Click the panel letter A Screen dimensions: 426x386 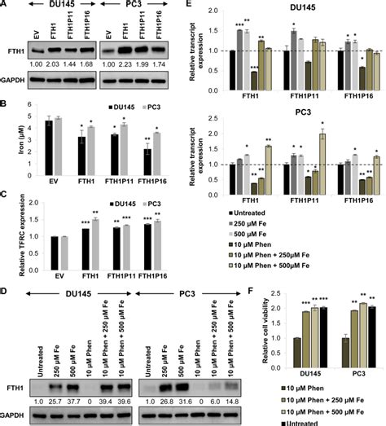(6, 6)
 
